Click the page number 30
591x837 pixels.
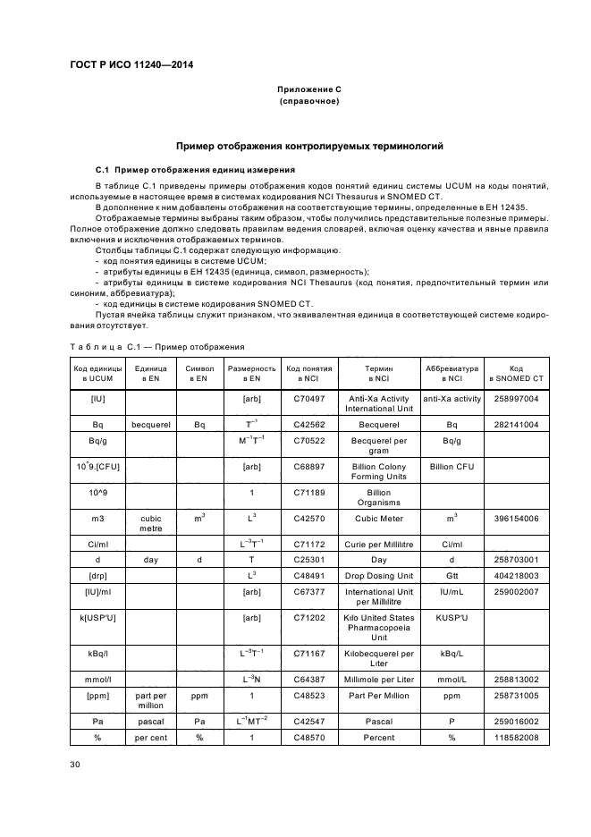(76, 763)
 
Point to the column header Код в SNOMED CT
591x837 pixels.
(516, 373)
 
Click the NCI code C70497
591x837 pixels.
(309, 399)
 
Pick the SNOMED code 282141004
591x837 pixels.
(516, 425)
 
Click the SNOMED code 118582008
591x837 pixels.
(516, 738)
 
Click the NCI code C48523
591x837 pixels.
(309, 694)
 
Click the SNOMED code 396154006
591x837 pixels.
(516, 518)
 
